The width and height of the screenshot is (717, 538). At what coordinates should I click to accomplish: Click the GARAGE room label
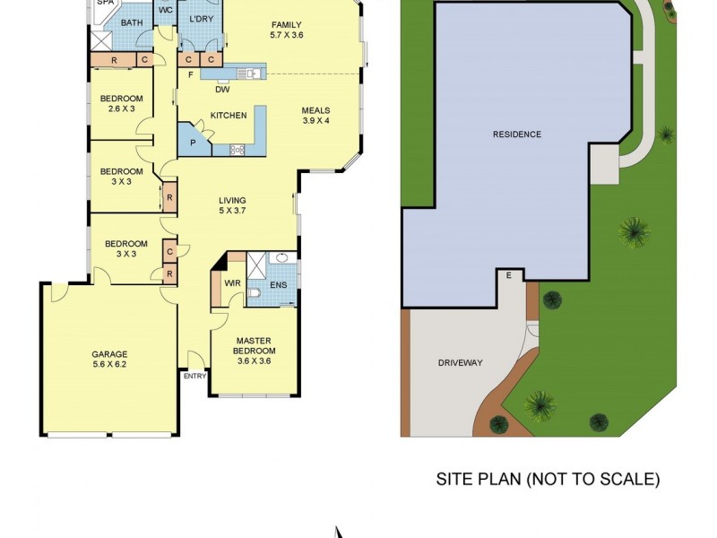(109, 360)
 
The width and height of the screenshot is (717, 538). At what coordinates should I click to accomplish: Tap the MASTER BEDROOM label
(255, 345)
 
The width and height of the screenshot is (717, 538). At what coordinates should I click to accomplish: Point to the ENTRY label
(194, 376)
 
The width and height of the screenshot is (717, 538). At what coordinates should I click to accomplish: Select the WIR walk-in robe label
(231, 283)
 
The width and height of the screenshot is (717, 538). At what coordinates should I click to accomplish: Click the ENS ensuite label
(278, 284)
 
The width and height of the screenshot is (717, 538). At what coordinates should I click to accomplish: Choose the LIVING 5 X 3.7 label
(233, 205)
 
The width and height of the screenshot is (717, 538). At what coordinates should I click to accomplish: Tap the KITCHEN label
(228, 115)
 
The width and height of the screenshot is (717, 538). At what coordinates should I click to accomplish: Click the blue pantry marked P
(193, 143)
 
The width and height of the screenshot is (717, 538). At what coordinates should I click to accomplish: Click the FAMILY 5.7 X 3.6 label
(287, 30)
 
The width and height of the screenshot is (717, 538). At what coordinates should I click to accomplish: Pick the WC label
(165, 10)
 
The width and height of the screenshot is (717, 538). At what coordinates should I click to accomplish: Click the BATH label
(132, 23)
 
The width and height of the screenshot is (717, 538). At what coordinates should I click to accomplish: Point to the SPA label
(105, 4)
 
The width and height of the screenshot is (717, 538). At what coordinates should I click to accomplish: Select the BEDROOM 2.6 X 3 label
(121, 102)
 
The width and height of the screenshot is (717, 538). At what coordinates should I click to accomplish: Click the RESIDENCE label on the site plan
(517, 134)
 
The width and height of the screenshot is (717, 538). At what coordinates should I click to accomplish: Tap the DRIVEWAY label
(460, 363)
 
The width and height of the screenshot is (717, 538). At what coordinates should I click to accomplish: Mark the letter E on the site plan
(509, 275)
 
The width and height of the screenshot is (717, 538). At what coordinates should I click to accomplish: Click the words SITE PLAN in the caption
(475, 479)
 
